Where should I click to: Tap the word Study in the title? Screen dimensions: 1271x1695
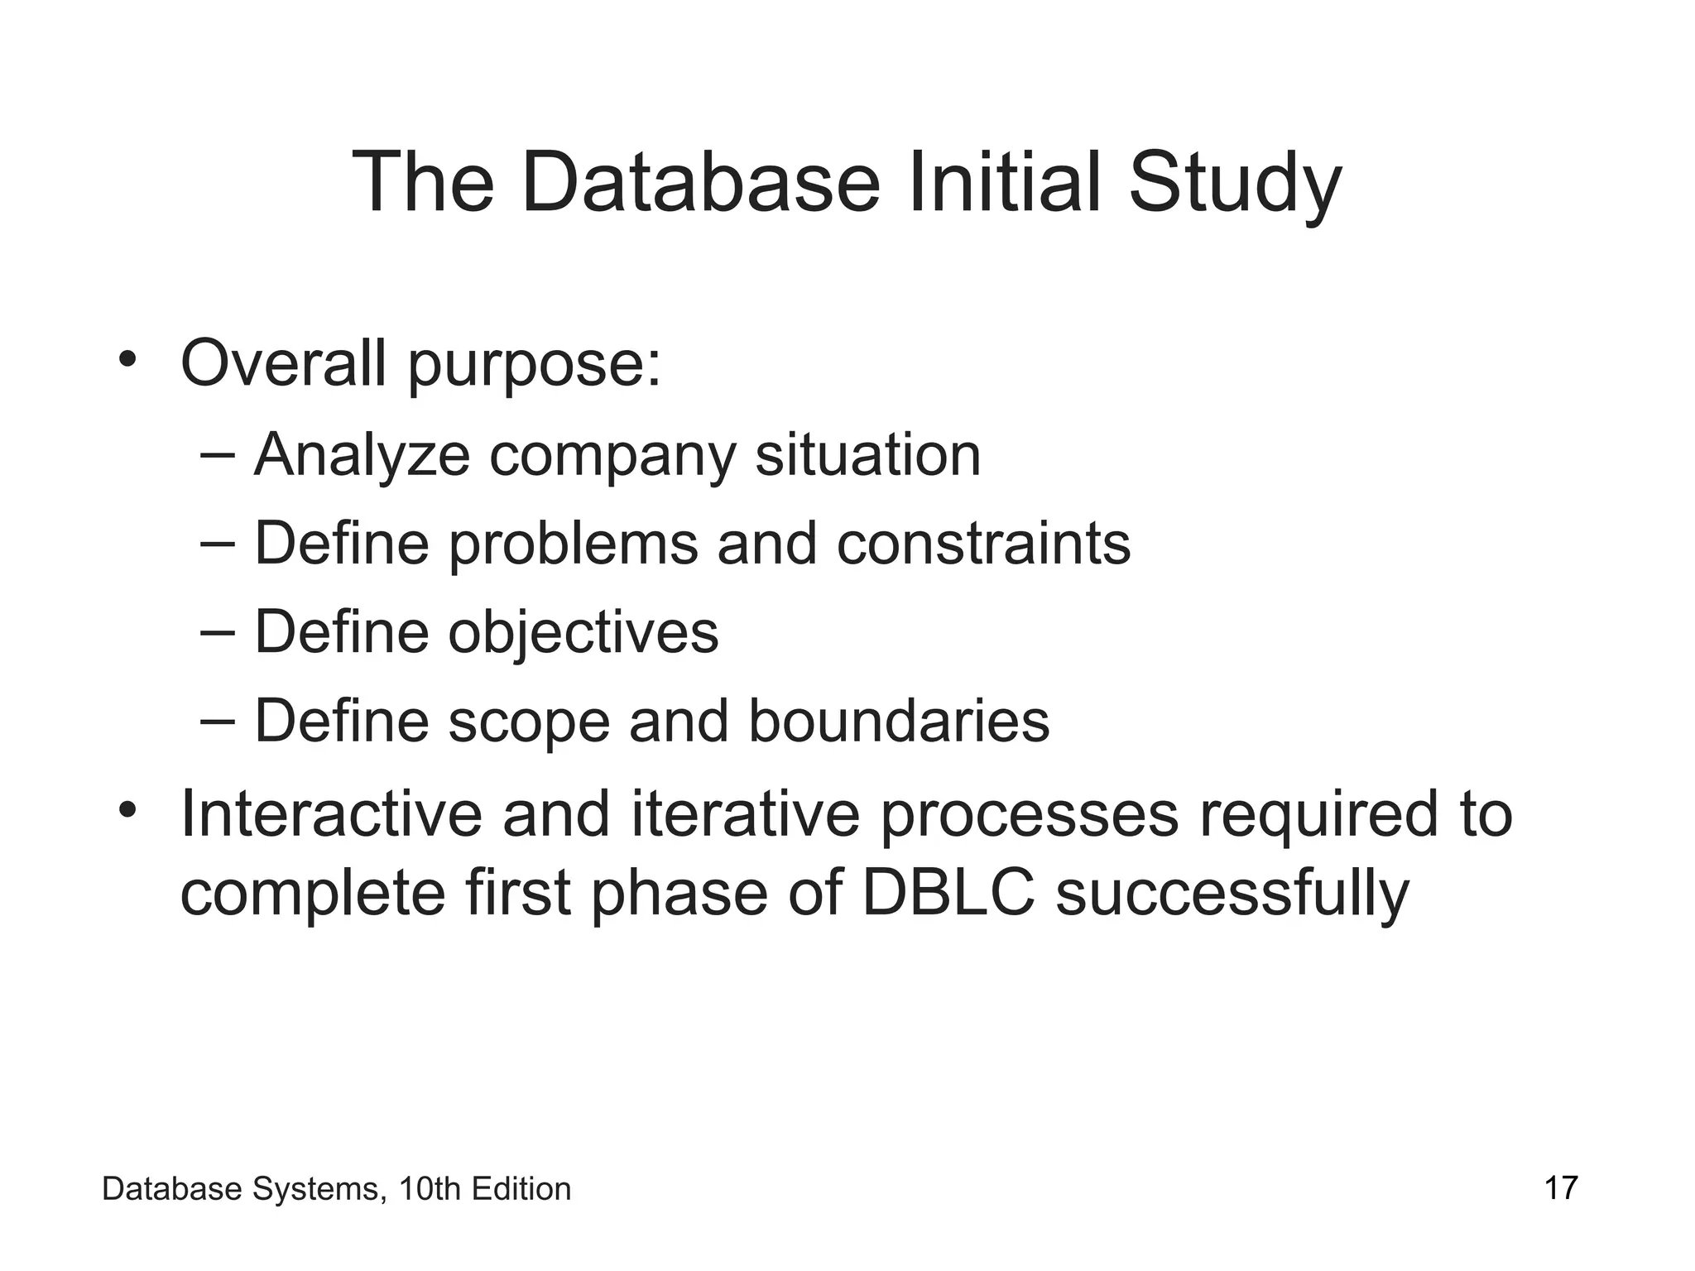click(x=1234, y=184)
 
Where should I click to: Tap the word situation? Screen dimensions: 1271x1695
click(x=867, y=454)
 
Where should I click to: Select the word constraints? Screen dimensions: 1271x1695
click(x=983, y=544)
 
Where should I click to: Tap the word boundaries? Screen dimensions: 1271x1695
click(x=899, y=722)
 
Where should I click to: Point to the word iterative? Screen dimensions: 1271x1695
click(x=746, y=813)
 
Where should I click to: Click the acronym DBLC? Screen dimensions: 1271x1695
click(x=948, y=893)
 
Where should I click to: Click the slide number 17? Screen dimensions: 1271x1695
click(x=1561, y=1188)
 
